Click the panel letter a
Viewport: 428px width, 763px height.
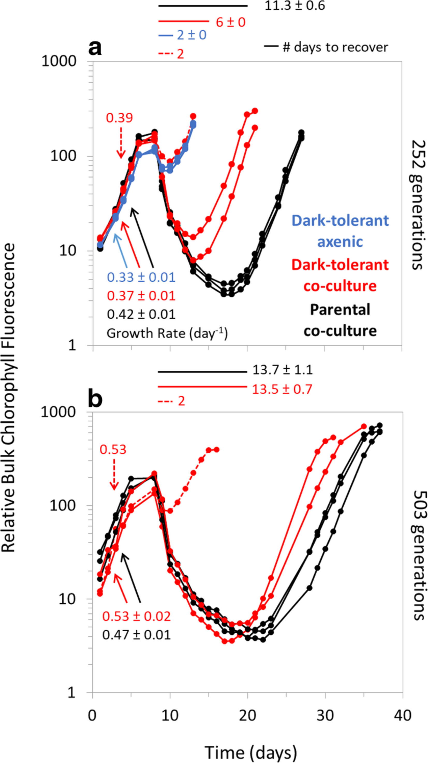pos(95,48)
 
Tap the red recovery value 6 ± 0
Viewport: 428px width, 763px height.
pos(231,22)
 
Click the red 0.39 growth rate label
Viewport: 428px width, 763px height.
pos(119,118)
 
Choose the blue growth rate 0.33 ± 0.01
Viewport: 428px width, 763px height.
pos(141,277)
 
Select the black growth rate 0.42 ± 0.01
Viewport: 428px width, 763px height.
pos(141,314)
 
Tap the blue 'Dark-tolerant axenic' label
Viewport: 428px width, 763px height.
pos(340,231)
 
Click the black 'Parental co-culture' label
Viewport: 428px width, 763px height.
pos(340,320)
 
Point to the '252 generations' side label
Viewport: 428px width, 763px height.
pos(417,205)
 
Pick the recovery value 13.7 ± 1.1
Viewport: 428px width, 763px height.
pos(282,370)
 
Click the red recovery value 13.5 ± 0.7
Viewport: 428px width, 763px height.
pos(282,389)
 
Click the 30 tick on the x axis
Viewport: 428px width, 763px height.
pos(325,716)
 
